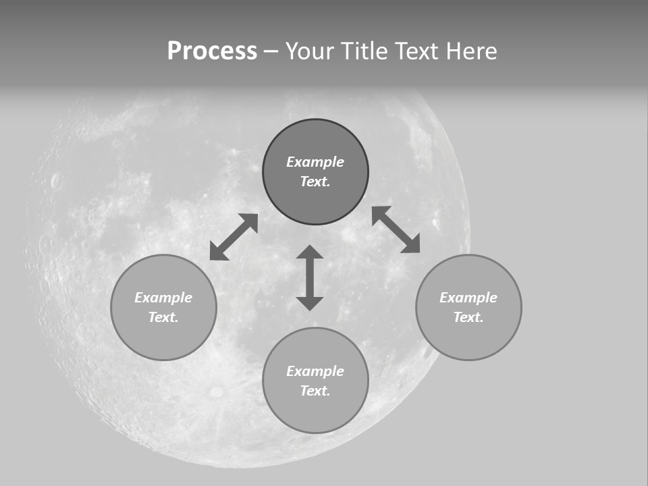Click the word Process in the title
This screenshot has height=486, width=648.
click(x=212, y=51)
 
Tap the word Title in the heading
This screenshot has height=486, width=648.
click(x=363, y=51)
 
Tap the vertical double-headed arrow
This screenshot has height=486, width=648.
click(x=310, y=278)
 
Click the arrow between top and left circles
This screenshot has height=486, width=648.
click(x=234, y=237)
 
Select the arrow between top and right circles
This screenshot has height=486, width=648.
click(x=396, y=230)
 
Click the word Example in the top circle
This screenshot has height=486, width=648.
click(x=315, y=162)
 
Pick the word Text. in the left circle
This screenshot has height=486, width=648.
click(x=163, y=317)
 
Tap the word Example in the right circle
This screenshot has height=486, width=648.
click(x=468, y=298)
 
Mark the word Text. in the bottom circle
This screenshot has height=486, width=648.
click(x=315, y=391)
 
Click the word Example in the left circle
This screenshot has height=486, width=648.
click(x=163, y=298)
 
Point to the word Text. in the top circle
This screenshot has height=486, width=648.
click(x=315, y=182)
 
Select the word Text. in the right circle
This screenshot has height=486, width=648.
click(x=468, y=317)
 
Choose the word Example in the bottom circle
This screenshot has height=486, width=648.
click(x=315, y=371)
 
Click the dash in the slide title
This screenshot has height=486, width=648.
click(x=271, y=52)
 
